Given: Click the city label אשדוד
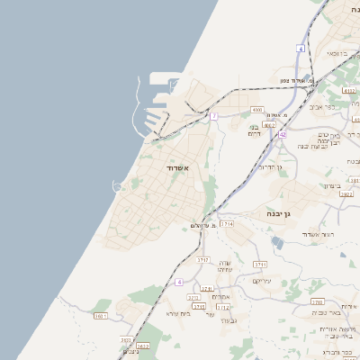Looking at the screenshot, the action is point(176,167).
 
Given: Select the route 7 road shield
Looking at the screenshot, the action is point(214,116).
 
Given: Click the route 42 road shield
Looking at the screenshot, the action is point(282,134).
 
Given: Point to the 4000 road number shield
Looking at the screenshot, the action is point(256,111).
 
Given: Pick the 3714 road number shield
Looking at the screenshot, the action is point(227,223).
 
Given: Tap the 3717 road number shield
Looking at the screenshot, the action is point(202,259).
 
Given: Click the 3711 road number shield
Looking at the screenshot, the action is point(260,265).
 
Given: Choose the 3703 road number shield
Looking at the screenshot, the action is point(317,302).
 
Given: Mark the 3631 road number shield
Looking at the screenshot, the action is point(100,316).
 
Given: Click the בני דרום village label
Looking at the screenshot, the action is point(256,127).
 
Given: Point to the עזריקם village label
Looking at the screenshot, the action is point(261,281).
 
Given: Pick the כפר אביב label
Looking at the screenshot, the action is point(321,106).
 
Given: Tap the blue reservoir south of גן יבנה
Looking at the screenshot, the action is point(277,242).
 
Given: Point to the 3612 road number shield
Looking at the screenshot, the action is point(142,345).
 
